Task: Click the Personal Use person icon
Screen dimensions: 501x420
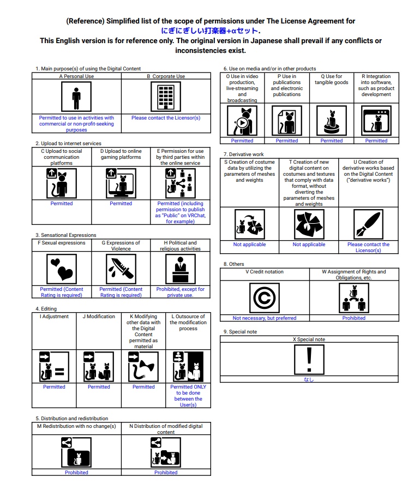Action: (x=76, y=97)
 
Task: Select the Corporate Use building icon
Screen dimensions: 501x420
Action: (x=165, y=97)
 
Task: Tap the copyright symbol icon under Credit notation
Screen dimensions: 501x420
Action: (x=265, y=298)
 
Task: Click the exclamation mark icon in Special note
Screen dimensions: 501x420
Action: (x=309, y=359)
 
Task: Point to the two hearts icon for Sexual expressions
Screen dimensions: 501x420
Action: (x=61, y=270)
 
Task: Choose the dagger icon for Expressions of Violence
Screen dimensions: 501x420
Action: (x=121, y=270)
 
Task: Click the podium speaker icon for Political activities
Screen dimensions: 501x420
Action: (x=180, y=270)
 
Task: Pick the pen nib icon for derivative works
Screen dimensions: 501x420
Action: (x=368, y=224)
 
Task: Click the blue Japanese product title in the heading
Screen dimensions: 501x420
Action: (x=210, y=31)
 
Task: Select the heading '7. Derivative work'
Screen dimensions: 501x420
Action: (x=244, y=154)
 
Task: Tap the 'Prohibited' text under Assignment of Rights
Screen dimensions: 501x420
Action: (x=354, y=318)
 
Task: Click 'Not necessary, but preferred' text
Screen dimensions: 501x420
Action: (x=265, y=318)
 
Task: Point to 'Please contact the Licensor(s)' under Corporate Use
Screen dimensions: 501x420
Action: (x=165, y=118)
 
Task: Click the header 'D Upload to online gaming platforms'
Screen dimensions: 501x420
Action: (x=121, y=154)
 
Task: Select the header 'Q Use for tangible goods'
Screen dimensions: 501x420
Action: (x=332, y=80)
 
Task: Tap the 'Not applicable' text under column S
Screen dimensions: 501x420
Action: (x=249, y=244)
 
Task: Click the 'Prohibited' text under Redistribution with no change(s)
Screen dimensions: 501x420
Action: (x=76, y=473)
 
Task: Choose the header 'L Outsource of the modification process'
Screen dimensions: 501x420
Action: (x=188, y=323)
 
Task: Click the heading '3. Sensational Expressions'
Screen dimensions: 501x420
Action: (x=66, y=235)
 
